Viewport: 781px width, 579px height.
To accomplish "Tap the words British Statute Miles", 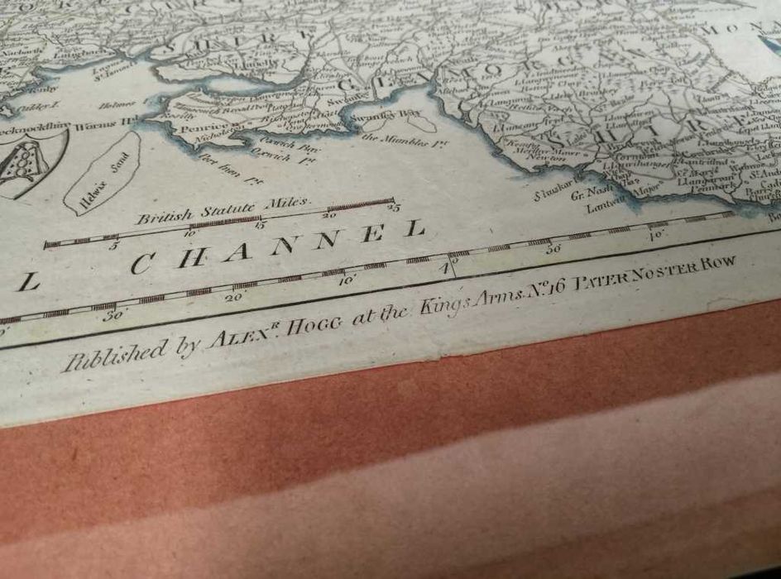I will coord(223,210).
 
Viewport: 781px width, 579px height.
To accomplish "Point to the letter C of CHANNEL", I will coord(143,265).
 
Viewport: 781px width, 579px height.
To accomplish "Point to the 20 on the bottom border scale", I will coord(232,296).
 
